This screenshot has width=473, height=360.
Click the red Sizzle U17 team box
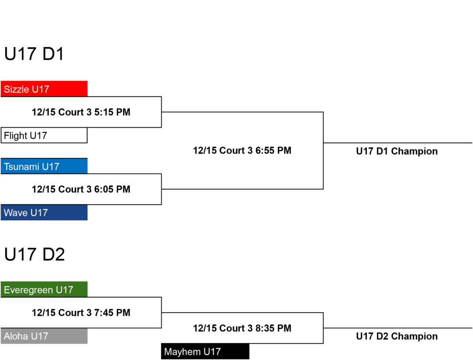[44, 89]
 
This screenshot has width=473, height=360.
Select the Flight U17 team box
[44, 135]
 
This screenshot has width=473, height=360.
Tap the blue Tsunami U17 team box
[44, 166]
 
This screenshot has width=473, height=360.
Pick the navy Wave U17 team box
[44, 213]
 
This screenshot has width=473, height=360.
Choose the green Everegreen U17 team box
[44, 289]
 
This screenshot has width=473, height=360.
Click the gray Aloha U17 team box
[44, 336]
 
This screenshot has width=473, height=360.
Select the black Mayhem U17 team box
[205, 351]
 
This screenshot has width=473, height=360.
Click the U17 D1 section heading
[34, 54]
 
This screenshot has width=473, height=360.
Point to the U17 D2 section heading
[34, 254]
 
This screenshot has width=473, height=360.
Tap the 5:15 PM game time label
[81, 112]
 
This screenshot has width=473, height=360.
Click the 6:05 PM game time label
[81, 189]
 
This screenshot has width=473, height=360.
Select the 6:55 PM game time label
[242, 150]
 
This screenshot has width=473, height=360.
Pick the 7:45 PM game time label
[81, 313]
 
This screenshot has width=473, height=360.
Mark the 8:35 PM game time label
[242, 328]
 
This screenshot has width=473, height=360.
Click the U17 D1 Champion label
[397, 151]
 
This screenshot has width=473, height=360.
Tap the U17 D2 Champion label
[397, 336]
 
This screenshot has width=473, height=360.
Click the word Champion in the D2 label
[414, 336]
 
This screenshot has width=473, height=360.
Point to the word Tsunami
[22, 167]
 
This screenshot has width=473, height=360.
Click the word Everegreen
[29, 290]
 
